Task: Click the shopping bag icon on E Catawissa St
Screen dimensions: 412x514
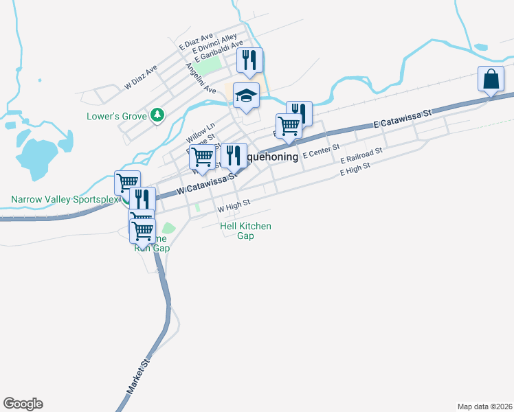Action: [493, 80]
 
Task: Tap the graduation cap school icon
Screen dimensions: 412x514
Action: [245, 95]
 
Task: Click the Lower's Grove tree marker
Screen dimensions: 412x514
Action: [158, 115]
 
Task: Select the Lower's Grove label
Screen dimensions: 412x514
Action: [117, 116]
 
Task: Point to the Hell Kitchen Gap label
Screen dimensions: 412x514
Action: [245, 231]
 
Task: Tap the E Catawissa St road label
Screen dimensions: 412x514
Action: [402, 118]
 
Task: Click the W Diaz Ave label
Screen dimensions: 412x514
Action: [141, 78]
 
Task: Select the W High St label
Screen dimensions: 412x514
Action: [234, 205]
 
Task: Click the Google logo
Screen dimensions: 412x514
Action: [23, 404]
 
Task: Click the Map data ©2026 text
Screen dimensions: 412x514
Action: [485, 406]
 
